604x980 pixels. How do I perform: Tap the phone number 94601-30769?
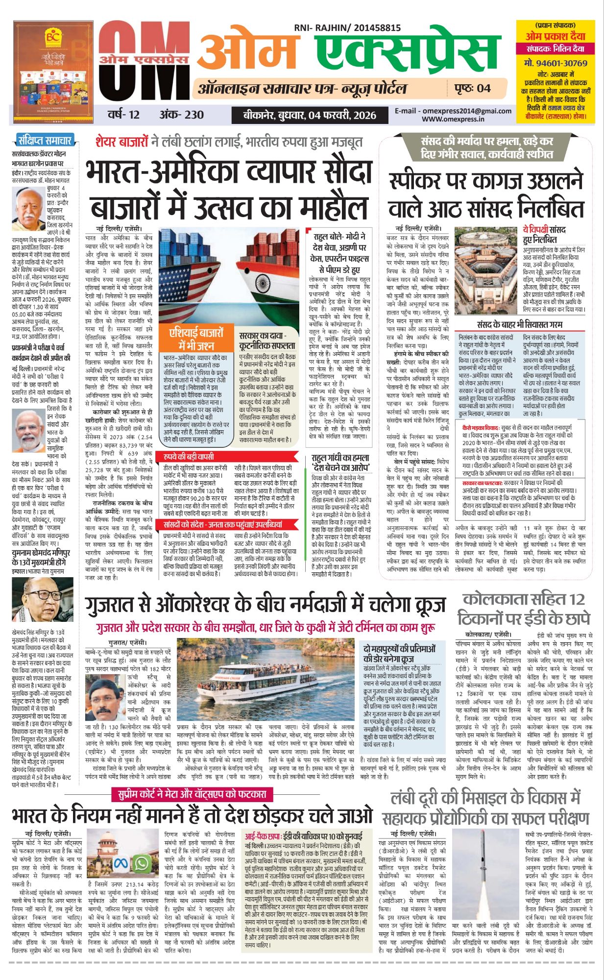[x=556, y=63]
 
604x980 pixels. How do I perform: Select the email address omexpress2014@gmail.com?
[x=453, y=111]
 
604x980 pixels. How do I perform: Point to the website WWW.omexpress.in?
[x=453, y=119]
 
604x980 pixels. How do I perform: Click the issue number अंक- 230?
[x=181, y=115]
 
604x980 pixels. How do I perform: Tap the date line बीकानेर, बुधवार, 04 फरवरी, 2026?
[x=310, y=116]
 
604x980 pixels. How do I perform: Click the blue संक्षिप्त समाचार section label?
[x=45, y=141]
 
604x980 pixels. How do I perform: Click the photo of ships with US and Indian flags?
[x=229, y=274]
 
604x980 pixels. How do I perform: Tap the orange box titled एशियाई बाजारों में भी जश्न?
[x=196, y=339]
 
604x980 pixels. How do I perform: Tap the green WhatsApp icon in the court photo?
[x=142, y=863]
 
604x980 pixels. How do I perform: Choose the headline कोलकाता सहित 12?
[x=524, y=599]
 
